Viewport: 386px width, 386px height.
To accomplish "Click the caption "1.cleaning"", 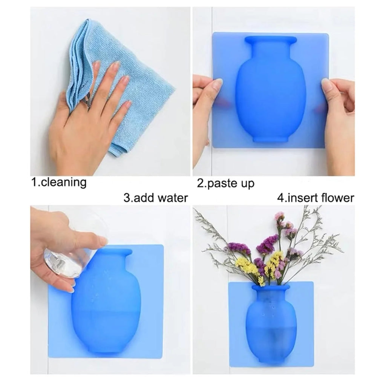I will (x=58, y=182).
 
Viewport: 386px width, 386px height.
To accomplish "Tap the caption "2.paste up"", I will (x=226, y=184).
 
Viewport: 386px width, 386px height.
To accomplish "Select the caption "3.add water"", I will (x=155, y=198).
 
